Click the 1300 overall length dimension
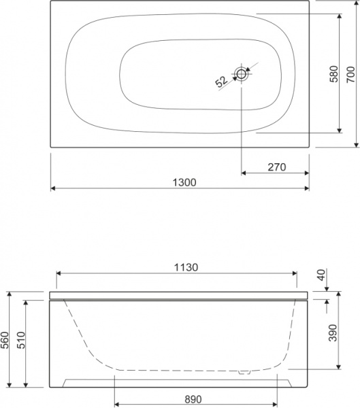tap(184, 183)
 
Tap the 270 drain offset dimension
tap(277, 167)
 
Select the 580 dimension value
tap(333, 74)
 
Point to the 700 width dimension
tap(351, 74)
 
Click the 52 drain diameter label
tap(221, 82)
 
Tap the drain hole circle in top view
tap(242, 74)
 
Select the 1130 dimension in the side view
tap(186, 267)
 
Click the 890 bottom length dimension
tap(193, 399)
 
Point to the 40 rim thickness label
tap(322, 275)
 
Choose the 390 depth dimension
tap(333, 333)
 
